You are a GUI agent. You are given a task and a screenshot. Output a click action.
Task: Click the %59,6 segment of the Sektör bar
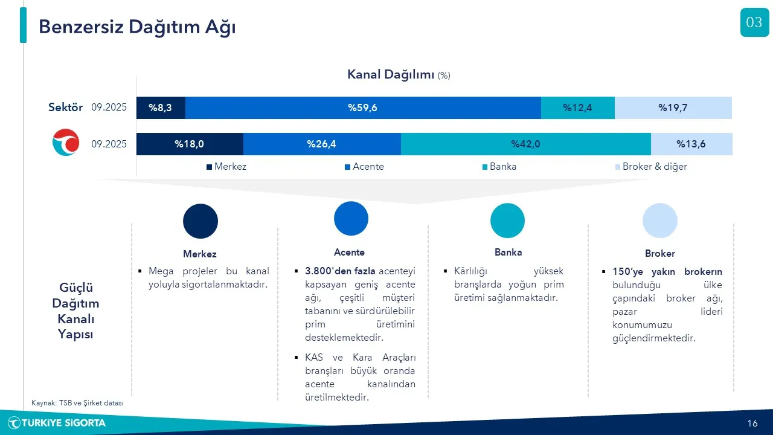click(x=363, y=108)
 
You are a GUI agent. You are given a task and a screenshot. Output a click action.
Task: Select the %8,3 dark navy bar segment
click(x=161, y=108)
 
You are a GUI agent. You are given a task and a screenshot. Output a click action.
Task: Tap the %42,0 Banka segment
click(x=525, y=144)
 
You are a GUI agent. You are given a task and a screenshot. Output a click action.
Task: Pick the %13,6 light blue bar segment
click(x=691, y=144)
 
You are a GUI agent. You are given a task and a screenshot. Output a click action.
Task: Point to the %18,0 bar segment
click(x=190, y=144)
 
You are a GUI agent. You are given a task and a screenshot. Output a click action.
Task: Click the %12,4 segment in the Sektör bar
click(x=578, y=108)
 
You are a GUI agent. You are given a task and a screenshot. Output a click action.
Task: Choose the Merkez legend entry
click(x=226, y=167)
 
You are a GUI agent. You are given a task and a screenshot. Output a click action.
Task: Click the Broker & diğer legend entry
click(x=651, y=167)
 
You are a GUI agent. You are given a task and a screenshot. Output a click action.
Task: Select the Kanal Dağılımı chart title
click(x=399, y=74)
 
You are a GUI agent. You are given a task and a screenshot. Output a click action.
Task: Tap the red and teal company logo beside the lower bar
click(x=66, y=142)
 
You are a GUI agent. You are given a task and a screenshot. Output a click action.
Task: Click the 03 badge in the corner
click(x=754, y=22)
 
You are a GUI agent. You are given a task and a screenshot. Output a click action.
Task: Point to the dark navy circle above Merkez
click(x=200, y=221)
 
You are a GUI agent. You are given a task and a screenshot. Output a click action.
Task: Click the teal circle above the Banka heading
click(x=507, y=221)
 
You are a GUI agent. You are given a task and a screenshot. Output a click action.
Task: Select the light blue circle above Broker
click(x=660, y=221)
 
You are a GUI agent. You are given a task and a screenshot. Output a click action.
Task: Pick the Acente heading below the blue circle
click(x=349, y=253)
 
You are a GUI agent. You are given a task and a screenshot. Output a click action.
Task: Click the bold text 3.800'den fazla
click(x=340, y=271)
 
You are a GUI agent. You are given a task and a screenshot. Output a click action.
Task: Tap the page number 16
click(x=752, y=424)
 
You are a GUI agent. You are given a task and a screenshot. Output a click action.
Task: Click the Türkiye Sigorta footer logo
click(x=57, y=423)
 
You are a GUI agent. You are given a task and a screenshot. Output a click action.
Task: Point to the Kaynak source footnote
click(x=77, y=403)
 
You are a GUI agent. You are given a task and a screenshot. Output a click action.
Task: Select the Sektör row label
click(x=65, y=108)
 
